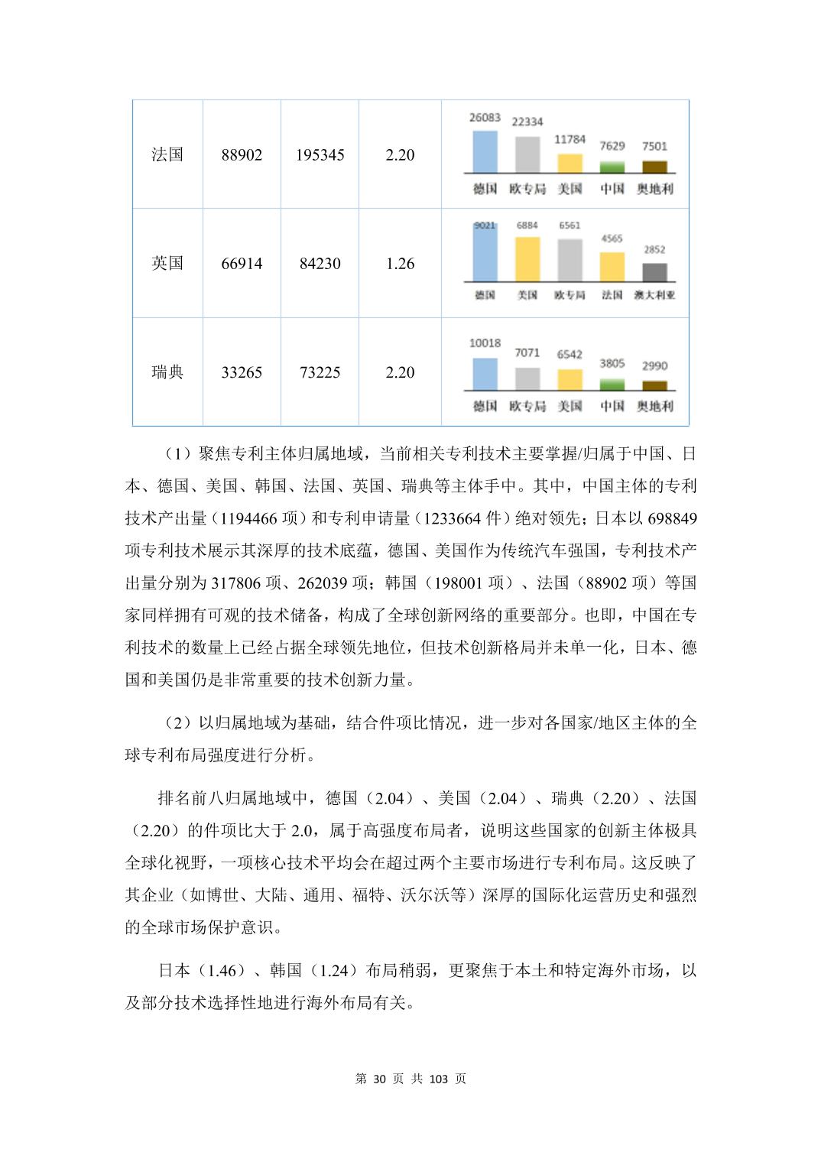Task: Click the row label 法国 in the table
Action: coord(167,154)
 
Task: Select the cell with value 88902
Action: coord(242,154)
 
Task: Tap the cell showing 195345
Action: coord(320,154)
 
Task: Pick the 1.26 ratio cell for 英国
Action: coord(400,264)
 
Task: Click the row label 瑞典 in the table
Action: coord(167,372)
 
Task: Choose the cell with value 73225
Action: coord(320,372)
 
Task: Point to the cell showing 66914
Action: coord(242,264)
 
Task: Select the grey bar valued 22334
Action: coord(527,154)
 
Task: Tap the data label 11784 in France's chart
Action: coord(570,139)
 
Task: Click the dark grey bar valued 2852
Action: coord(654,272)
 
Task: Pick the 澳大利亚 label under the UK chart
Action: coord(654,295)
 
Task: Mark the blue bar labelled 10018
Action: coord(485,374)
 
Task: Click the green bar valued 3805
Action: coord(612,385)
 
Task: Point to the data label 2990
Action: coord(654,365)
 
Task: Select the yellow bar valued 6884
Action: coord(527,259)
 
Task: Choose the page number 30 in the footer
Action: coord(381,1079)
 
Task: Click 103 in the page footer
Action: coord(438,1079)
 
